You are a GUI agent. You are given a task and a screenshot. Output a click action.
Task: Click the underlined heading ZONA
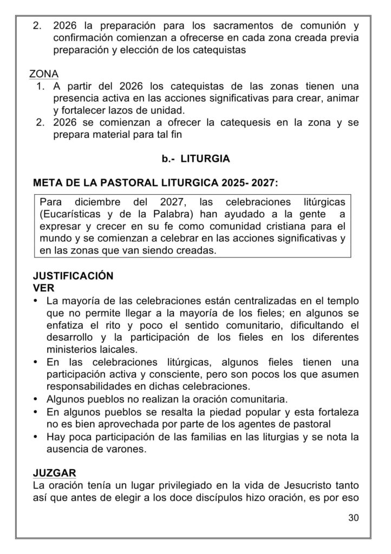[x=44, y=74]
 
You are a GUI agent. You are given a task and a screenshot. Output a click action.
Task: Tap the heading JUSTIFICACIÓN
[x=73, y=276]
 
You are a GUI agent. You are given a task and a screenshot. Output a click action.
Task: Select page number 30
[x=354, y=517]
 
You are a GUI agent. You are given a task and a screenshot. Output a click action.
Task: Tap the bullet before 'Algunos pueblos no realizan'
[x=36, y=399]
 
